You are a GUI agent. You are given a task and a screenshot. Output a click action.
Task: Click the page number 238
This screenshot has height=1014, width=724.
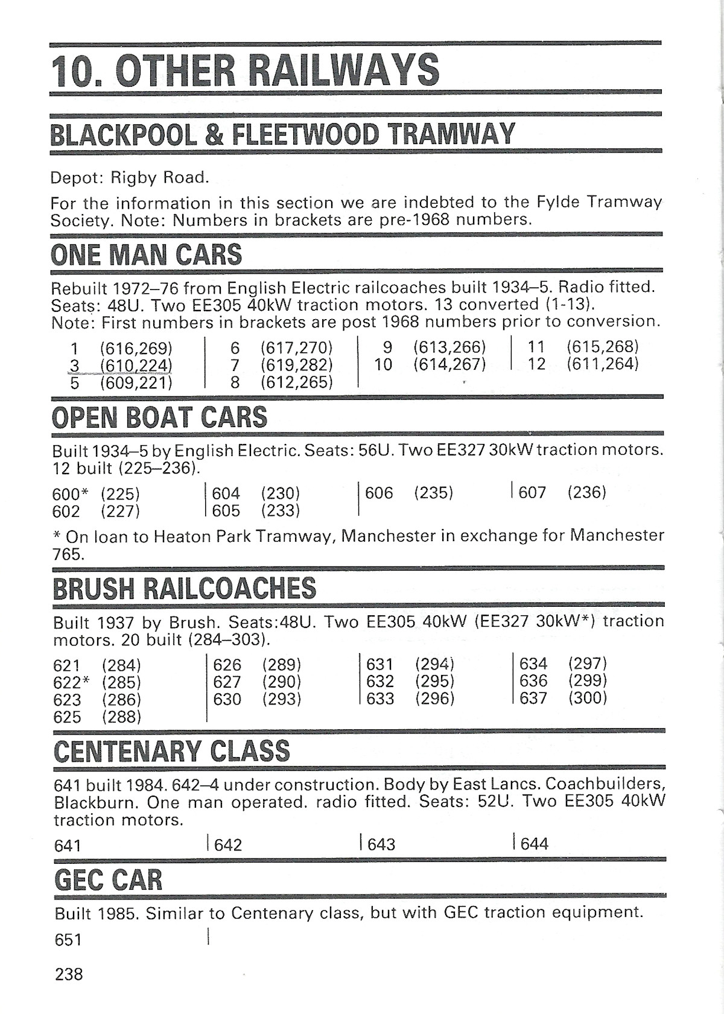69,974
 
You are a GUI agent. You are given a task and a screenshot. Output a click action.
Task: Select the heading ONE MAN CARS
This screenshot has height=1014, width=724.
147,255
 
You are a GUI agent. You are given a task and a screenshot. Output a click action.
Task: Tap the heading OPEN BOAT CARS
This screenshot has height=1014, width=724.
160,417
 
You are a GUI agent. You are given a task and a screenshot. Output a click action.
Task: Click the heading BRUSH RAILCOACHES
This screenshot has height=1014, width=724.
185,589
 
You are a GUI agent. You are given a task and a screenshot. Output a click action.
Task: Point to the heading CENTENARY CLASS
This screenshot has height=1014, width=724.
172,752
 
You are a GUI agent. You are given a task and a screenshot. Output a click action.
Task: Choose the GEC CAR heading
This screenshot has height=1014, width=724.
109,880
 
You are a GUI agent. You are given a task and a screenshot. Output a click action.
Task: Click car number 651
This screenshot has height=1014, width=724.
68,940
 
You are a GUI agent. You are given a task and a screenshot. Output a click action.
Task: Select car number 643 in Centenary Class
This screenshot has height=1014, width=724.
381,844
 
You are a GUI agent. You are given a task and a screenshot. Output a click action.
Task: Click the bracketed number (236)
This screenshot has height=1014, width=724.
586,492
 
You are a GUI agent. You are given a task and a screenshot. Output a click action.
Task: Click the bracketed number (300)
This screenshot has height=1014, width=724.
587,698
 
